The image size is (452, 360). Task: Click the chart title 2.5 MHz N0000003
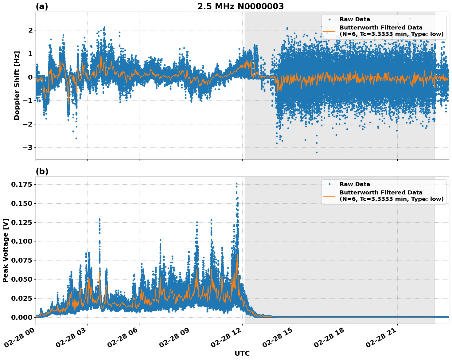(240, 6)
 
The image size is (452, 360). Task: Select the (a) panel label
(42, 6)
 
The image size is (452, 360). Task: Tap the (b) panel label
(42, 171)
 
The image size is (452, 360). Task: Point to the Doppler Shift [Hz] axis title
(17, 85)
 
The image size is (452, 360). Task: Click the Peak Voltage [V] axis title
(6, 250)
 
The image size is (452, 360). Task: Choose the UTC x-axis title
(242, 353)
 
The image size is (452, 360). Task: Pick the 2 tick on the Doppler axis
(30, 30)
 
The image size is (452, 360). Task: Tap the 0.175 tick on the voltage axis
(22, 184)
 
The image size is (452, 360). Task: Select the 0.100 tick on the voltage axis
(22, 241)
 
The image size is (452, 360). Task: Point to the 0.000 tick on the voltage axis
(22, 317)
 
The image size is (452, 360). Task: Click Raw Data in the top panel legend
(355, 19)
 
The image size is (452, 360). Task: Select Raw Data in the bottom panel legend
(355, 184)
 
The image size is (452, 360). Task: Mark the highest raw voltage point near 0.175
(236, 184)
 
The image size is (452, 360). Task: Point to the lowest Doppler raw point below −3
(317, 152)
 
